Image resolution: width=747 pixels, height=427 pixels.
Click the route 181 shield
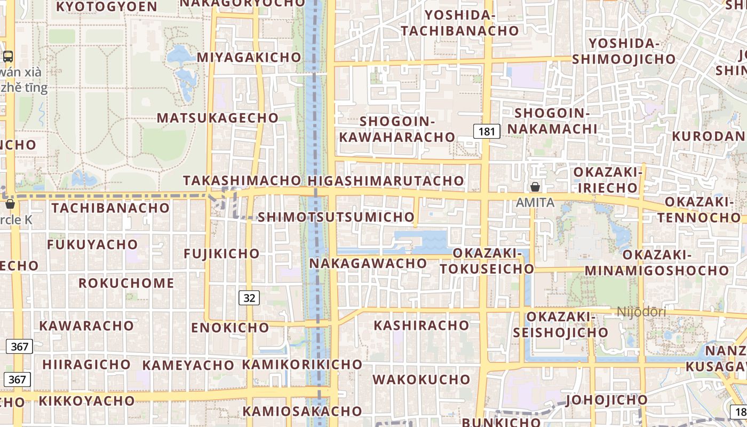point(487,131)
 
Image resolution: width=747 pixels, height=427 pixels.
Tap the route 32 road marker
point(249,298)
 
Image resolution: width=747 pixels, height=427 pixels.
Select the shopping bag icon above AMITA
point(535,187)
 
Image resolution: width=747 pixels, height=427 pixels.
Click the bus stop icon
point(8,56)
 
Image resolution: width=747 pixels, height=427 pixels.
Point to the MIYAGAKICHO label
point(249,57)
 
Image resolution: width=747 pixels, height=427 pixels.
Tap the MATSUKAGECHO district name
point(218,118)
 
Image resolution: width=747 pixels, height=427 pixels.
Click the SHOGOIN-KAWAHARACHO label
point(397,129)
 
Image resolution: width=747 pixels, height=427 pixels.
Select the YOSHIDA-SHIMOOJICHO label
point(624,51)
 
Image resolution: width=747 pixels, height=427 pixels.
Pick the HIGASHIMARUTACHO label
point(386,180)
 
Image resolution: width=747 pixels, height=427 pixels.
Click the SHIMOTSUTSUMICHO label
point(336,217)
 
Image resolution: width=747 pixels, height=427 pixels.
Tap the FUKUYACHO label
point(92,244)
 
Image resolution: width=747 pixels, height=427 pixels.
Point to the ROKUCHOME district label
point(126,283)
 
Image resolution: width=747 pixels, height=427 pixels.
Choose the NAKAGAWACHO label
point(368,263)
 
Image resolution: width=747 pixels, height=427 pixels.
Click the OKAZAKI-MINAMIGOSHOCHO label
point(661,263)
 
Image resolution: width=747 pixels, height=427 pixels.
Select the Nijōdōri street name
point(641,312)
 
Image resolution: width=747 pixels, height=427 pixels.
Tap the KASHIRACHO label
point(422,325)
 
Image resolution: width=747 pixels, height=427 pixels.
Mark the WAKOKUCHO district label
point(422,380)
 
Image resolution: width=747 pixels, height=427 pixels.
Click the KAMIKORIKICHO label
point(302,365)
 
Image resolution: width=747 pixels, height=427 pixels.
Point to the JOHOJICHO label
point(607,400)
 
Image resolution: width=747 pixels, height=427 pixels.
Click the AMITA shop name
point(535,203)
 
